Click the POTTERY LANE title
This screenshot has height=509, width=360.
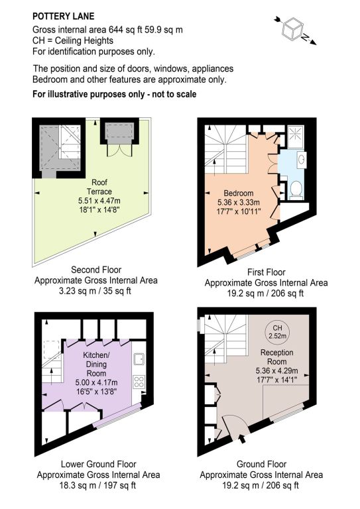coord(63,16)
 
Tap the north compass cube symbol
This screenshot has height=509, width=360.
coord(292,30)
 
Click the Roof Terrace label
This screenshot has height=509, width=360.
coord(99,187)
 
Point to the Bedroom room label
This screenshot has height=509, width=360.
coord(238,193)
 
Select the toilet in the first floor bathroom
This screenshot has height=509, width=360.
coord(296,190)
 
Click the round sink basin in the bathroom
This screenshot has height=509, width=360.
coord(302,159)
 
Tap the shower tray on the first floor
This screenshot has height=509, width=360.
coord(296,135)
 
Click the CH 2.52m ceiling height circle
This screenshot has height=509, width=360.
coord(278,331)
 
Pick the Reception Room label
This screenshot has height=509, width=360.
coord(276,357)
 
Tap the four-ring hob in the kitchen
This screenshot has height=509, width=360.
coord(139,382)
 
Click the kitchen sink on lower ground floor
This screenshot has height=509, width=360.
coord(139,359)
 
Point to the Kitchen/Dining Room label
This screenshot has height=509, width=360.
coord(96,365)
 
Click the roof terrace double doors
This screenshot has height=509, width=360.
coord(120,150)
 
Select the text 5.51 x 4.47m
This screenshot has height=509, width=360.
coord(99,201)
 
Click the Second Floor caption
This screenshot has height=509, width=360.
coord(96,270)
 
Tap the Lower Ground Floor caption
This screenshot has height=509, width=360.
coord(98,464)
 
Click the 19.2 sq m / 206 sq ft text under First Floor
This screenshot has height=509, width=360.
coord(265,294)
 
